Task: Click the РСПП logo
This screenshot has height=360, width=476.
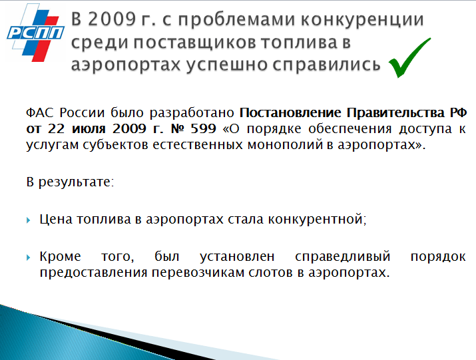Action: [35, 33]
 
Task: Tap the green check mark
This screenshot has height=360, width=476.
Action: [409, 58]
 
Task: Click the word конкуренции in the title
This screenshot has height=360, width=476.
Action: [362, 21]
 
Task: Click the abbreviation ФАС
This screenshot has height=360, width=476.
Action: [39, 112]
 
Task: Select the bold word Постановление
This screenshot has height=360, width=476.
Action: [290, 112]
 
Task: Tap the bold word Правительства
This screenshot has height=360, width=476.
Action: [396, 112]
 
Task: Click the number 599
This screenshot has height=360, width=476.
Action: [203, 128]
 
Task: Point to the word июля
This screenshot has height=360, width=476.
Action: [89, 129]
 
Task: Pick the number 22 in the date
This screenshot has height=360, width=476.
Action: [56, 128]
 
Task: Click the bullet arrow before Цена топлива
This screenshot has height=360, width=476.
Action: [29, 220]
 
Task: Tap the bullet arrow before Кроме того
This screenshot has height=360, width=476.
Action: [29, 258]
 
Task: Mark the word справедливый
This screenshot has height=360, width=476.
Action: [342, 257]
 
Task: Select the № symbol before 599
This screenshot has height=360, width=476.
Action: [177, 128]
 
